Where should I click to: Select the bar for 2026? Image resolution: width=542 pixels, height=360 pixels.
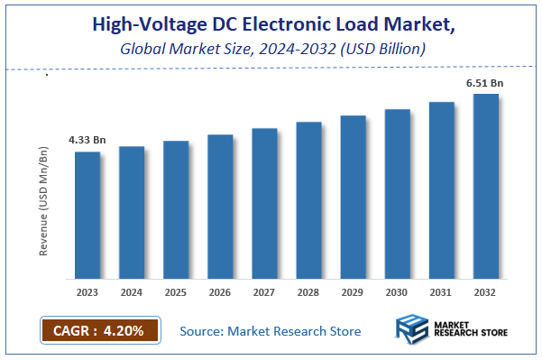220,207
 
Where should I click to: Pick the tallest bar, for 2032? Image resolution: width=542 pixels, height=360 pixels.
485,187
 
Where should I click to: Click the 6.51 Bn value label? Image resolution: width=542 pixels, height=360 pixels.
484,83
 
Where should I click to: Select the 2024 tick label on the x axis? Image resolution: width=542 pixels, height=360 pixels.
132,292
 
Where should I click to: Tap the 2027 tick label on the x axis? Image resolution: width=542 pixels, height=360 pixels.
264,292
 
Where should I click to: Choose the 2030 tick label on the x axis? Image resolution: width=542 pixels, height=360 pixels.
397,292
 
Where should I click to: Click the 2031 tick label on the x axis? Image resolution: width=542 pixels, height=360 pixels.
441,292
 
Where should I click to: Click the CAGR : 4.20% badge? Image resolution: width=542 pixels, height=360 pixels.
99,330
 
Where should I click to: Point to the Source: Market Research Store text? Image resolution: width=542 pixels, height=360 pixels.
271,331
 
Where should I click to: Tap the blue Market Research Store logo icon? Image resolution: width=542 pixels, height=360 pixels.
412,331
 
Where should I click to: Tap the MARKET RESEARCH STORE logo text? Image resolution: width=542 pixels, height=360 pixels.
470,331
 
